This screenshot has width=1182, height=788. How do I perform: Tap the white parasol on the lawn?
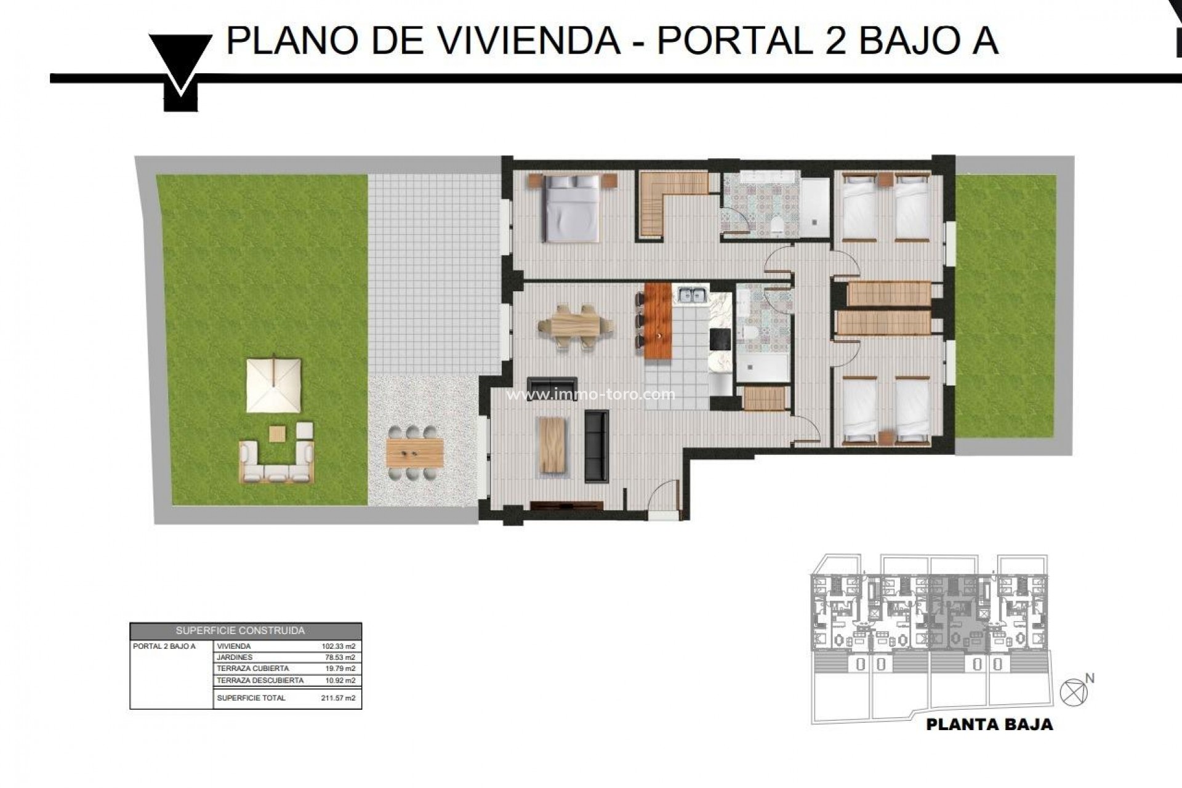pyautogui.click(x=273, y=385)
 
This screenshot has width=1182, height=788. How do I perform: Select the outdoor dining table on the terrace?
pyautogui.click(x=415, y=453)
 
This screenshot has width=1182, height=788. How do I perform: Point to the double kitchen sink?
pyautogui.click(x=692, y=295)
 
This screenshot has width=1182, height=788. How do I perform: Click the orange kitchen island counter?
pyautogui.click(x=657, y=322)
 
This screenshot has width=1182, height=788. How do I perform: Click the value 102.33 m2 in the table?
pyautogui.click(x=339, y=646)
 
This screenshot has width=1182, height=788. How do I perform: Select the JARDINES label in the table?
pyautogui.click(x=235, y=657)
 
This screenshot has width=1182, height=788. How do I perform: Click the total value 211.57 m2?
pyautogui.click(x=339, y=698)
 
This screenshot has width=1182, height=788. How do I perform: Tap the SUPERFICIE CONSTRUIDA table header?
pyautogui.click(x=245, y=631)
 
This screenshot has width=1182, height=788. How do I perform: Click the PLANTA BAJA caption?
pyautogui.click(x=989, y=725)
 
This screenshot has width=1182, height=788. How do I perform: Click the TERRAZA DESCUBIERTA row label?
pyautogui.click(x=260, y=680)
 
